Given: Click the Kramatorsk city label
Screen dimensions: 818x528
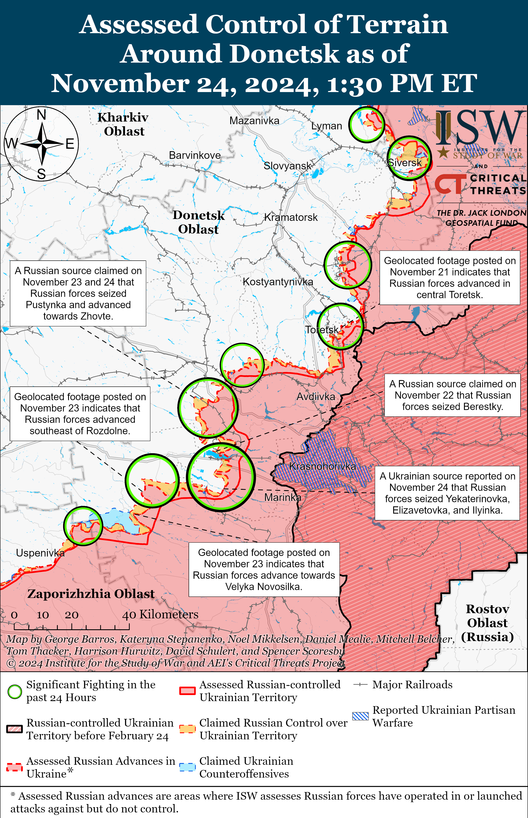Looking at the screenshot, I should [291, 217].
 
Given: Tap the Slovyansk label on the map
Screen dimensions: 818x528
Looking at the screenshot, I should [287, 166].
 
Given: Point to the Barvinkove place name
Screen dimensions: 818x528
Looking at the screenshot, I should [195, 155].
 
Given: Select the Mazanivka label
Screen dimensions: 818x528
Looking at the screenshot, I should [254, 121].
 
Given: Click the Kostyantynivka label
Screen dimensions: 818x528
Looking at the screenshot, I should [278, 282].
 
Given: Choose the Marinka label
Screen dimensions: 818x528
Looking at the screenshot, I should [282, 497].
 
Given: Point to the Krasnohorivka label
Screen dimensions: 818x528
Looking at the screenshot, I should [322, 466].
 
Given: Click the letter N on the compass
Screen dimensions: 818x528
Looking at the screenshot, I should [41, 115].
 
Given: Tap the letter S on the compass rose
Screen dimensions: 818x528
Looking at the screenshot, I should [41, 174].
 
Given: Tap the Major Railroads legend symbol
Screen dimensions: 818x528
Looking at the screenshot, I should [360, 685].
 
